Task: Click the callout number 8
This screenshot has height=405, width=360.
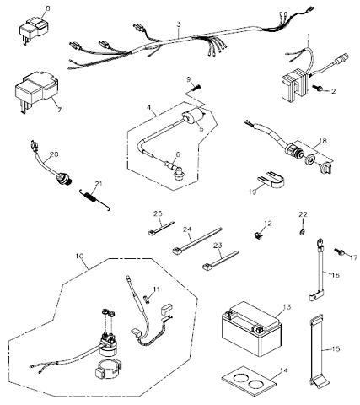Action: coord(48,8)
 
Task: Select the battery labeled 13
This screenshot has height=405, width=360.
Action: coord(251,329)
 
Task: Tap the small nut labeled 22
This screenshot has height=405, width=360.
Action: coord(303,232)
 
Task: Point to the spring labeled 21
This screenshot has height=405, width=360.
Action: coord(94,199)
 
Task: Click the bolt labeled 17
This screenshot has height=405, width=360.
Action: coord(339,251)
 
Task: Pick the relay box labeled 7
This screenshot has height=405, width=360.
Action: coord(35,90)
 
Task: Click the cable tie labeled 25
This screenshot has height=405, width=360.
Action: coord(161,228)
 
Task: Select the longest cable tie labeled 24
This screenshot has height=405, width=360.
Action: coord(196,240)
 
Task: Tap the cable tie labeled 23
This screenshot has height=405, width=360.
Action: coord(221,260)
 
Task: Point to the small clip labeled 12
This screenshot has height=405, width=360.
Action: coord(258,235)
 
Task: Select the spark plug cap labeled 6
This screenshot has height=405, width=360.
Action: coord(174,169)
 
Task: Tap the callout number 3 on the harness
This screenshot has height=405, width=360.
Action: coord(179,24)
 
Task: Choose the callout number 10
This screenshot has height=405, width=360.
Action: coord(79,256)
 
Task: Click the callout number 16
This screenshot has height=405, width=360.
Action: coord(336,275)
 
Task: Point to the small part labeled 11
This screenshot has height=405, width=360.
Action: coord(147,299)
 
